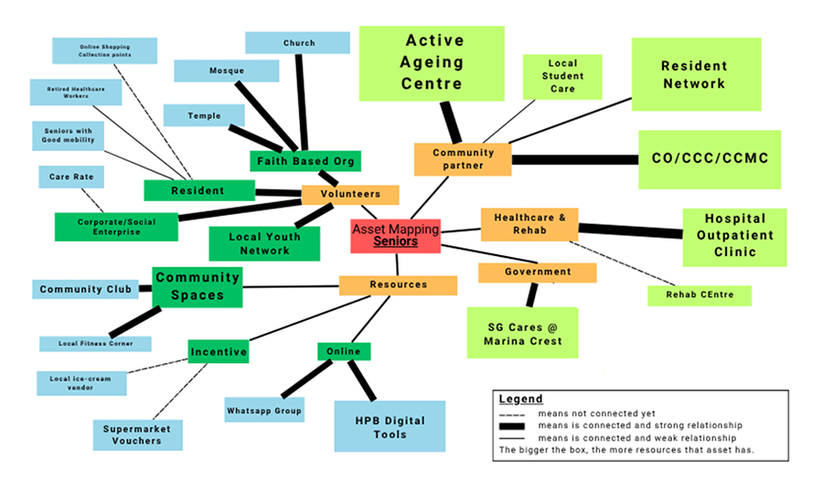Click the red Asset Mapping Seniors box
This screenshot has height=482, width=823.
pos(396,236)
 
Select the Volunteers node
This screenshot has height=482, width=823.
pos(350,195)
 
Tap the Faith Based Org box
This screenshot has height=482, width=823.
pos(305,162)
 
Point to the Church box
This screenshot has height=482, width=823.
pos(297,43)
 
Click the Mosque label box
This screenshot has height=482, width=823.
pos(226,70)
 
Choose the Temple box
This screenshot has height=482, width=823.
pos(204,115)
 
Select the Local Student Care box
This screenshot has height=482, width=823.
pos(562,76)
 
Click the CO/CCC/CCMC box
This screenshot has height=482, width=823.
pos(710,159)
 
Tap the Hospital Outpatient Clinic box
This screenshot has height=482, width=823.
pos(734,237)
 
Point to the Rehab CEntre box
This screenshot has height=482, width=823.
pos(700,295)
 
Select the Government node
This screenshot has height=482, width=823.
pos(537,273)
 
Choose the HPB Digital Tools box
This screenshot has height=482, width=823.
pos(389,425)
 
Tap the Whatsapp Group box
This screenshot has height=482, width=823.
pos(264,411)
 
